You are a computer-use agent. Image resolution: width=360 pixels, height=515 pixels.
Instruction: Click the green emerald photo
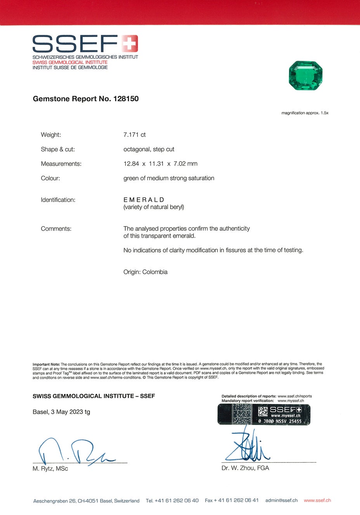coord(306,75)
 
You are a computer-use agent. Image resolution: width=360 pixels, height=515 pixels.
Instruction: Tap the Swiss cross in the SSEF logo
coord(130,43)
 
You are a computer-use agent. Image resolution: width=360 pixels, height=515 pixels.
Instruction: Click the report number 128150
coord(126,99)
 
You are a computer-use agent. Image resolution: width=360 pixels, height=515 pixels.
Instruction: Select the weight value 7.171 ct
coord(135,135)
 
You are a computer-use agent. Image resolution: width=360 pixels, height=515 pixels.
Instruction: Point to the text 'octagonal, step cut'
coord(149,149)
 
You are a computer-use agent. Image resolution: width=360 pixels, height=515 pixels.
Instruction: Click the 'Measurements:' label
coord(61,164)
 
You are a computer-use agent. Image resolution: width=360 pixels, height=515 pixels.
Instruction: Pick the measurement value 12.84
coord(131,164)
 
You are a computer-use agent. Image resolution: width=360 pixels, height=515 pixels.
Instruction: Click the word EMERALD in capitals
coord(144,200)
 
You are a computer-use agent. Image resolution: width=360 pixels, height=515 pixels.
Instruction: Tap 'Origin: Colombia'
coord(145,272)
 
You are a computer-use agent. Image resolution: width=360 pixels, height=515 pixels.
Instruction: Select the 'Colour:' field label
coord(50,178)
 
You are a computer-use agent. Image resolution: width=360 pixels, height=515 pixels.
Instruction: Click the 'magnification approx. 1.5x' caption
coord(305,113)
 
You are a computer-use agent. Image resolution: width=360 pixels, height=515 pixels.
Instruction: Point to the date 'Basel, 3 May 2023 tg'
coord(61,412)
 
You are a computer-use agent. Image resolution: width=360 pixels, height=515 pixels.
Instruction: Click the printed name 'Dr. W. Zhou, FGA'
coord(245,468)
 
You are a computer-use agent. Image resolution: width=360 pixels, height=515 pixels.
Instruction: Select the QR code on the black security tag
coord(263,411)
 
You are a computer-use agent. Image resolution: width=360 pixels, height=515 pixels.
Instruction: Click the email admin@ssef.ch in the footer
coord(281,500)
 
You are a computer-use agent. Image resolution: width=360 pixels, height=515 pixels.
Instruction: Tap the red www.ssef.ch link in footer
coord(317,500)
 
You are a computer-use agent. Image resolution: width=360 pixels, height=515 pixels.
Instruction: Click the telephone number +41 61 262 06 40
coord(177,501)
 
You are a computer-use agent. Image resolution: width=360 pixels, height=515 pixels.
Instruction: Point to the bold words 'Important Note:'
coord(46,365)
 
